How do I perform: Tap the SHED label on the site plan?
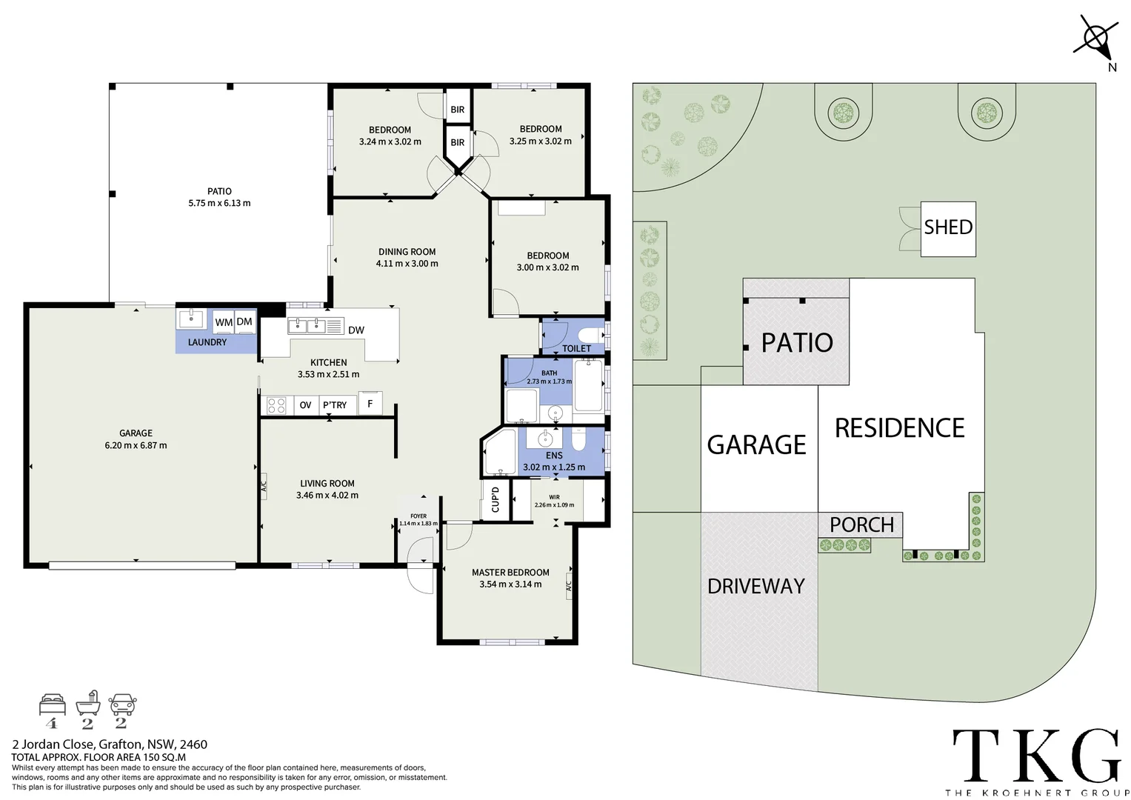pos(948,227)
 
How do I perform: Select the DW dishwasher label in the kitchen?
pos(356,330)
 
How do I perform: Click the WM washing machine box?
pos(224,322)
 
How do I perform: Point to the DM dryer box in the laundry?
pos(244,321)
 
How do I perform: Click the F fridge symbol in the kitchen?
pos(370,404)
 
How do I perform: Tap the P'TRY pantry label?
pos(335,405)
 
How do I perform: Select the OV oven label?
pos(305,405)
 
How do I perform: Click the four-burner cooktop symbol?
pos(276,405)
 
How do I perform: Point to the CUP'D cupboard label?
pos(496,499)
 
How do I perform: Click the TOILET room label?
pos(576,348)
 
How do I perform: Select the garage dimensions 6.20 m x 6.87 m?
pos(136,445)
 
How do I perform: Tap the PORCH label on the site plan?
pos(861,524)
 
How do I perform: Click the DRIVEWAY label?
pos(755,586)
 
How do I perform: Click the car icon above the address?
pos(122,704)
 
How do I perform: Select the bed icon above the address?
pos(53,704)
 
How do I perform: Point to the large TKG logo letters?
pos(1035,753)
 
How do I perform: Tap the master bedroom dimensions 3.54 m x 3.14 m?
pos(510,584)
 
